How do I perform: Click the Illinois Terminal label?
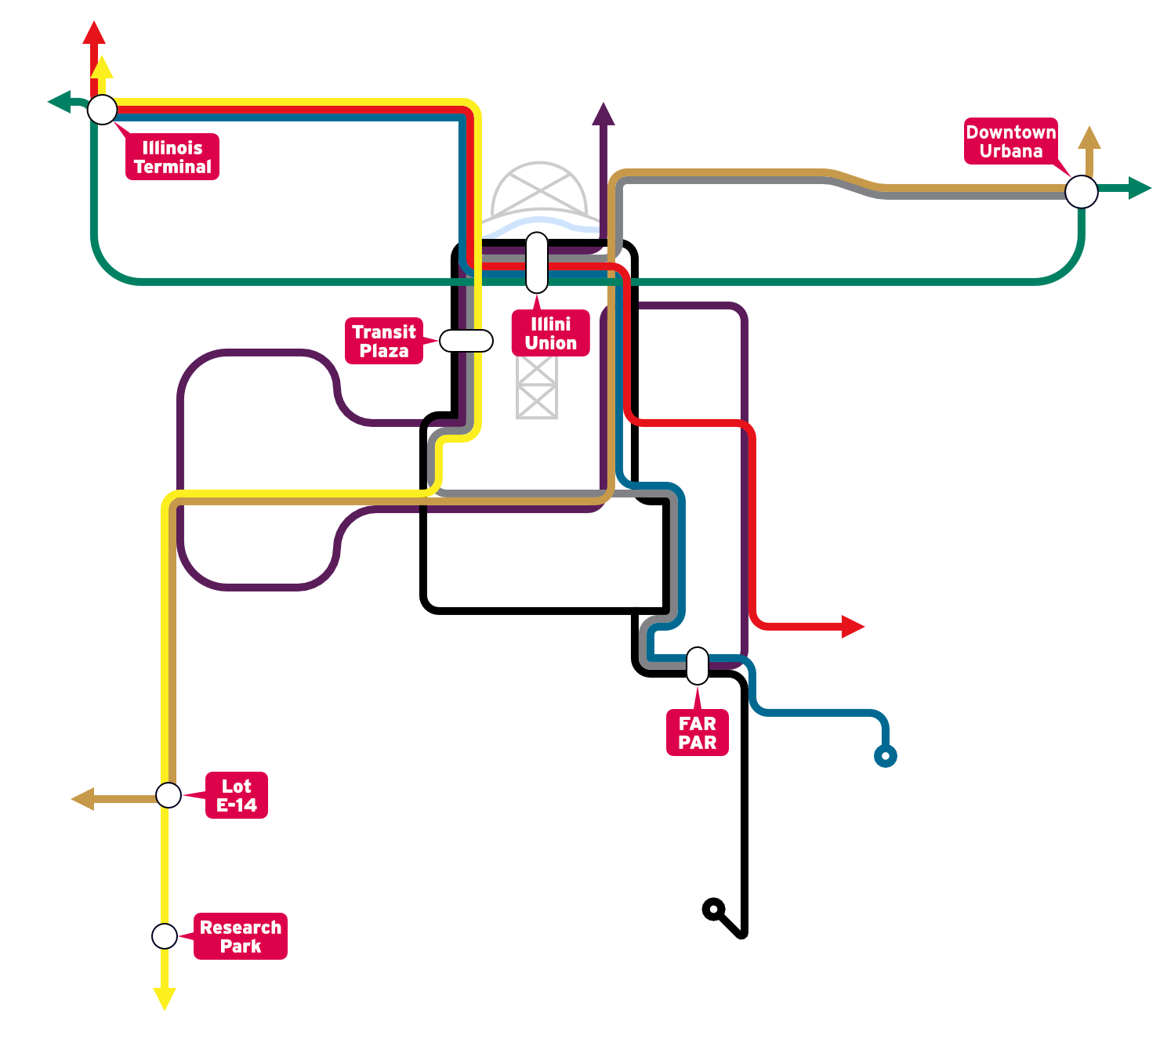tap(172, 157)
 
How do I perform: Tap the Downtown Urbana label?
tap(1011, 141)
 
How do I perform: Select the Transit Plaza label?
tap(384, 341)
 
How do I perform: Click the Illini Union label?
tap(551, 333)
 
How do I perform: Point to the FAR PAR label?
tap(698, 733)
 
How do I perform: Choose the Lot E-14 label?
tap(237, 795)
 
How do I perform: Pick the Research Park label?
tap(241, 936)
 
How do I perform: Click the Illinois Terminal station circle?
tap(103, 110)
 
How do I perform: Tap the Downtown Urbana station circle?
tap(1082, 192)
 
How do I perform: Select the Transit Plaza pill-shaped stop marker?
tap(466, 341)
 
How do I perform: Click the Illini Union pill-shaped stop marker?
tap(537, 262)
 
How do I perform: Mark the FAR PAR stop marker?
tap(698, 666)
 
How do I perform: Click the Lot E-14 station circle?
tap(169, 795)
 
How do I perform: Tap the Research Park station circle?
tap(165, 936)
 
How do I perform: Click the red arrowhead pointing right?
tap(853, 627)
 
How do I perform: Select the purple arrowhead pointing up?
tap(603, 114)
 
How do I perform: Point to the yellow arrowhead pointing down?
tap(165, 998)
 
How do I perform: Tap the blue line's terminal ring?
tap(886, 756)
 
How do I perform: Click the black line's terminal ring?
tap(713, 910)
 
